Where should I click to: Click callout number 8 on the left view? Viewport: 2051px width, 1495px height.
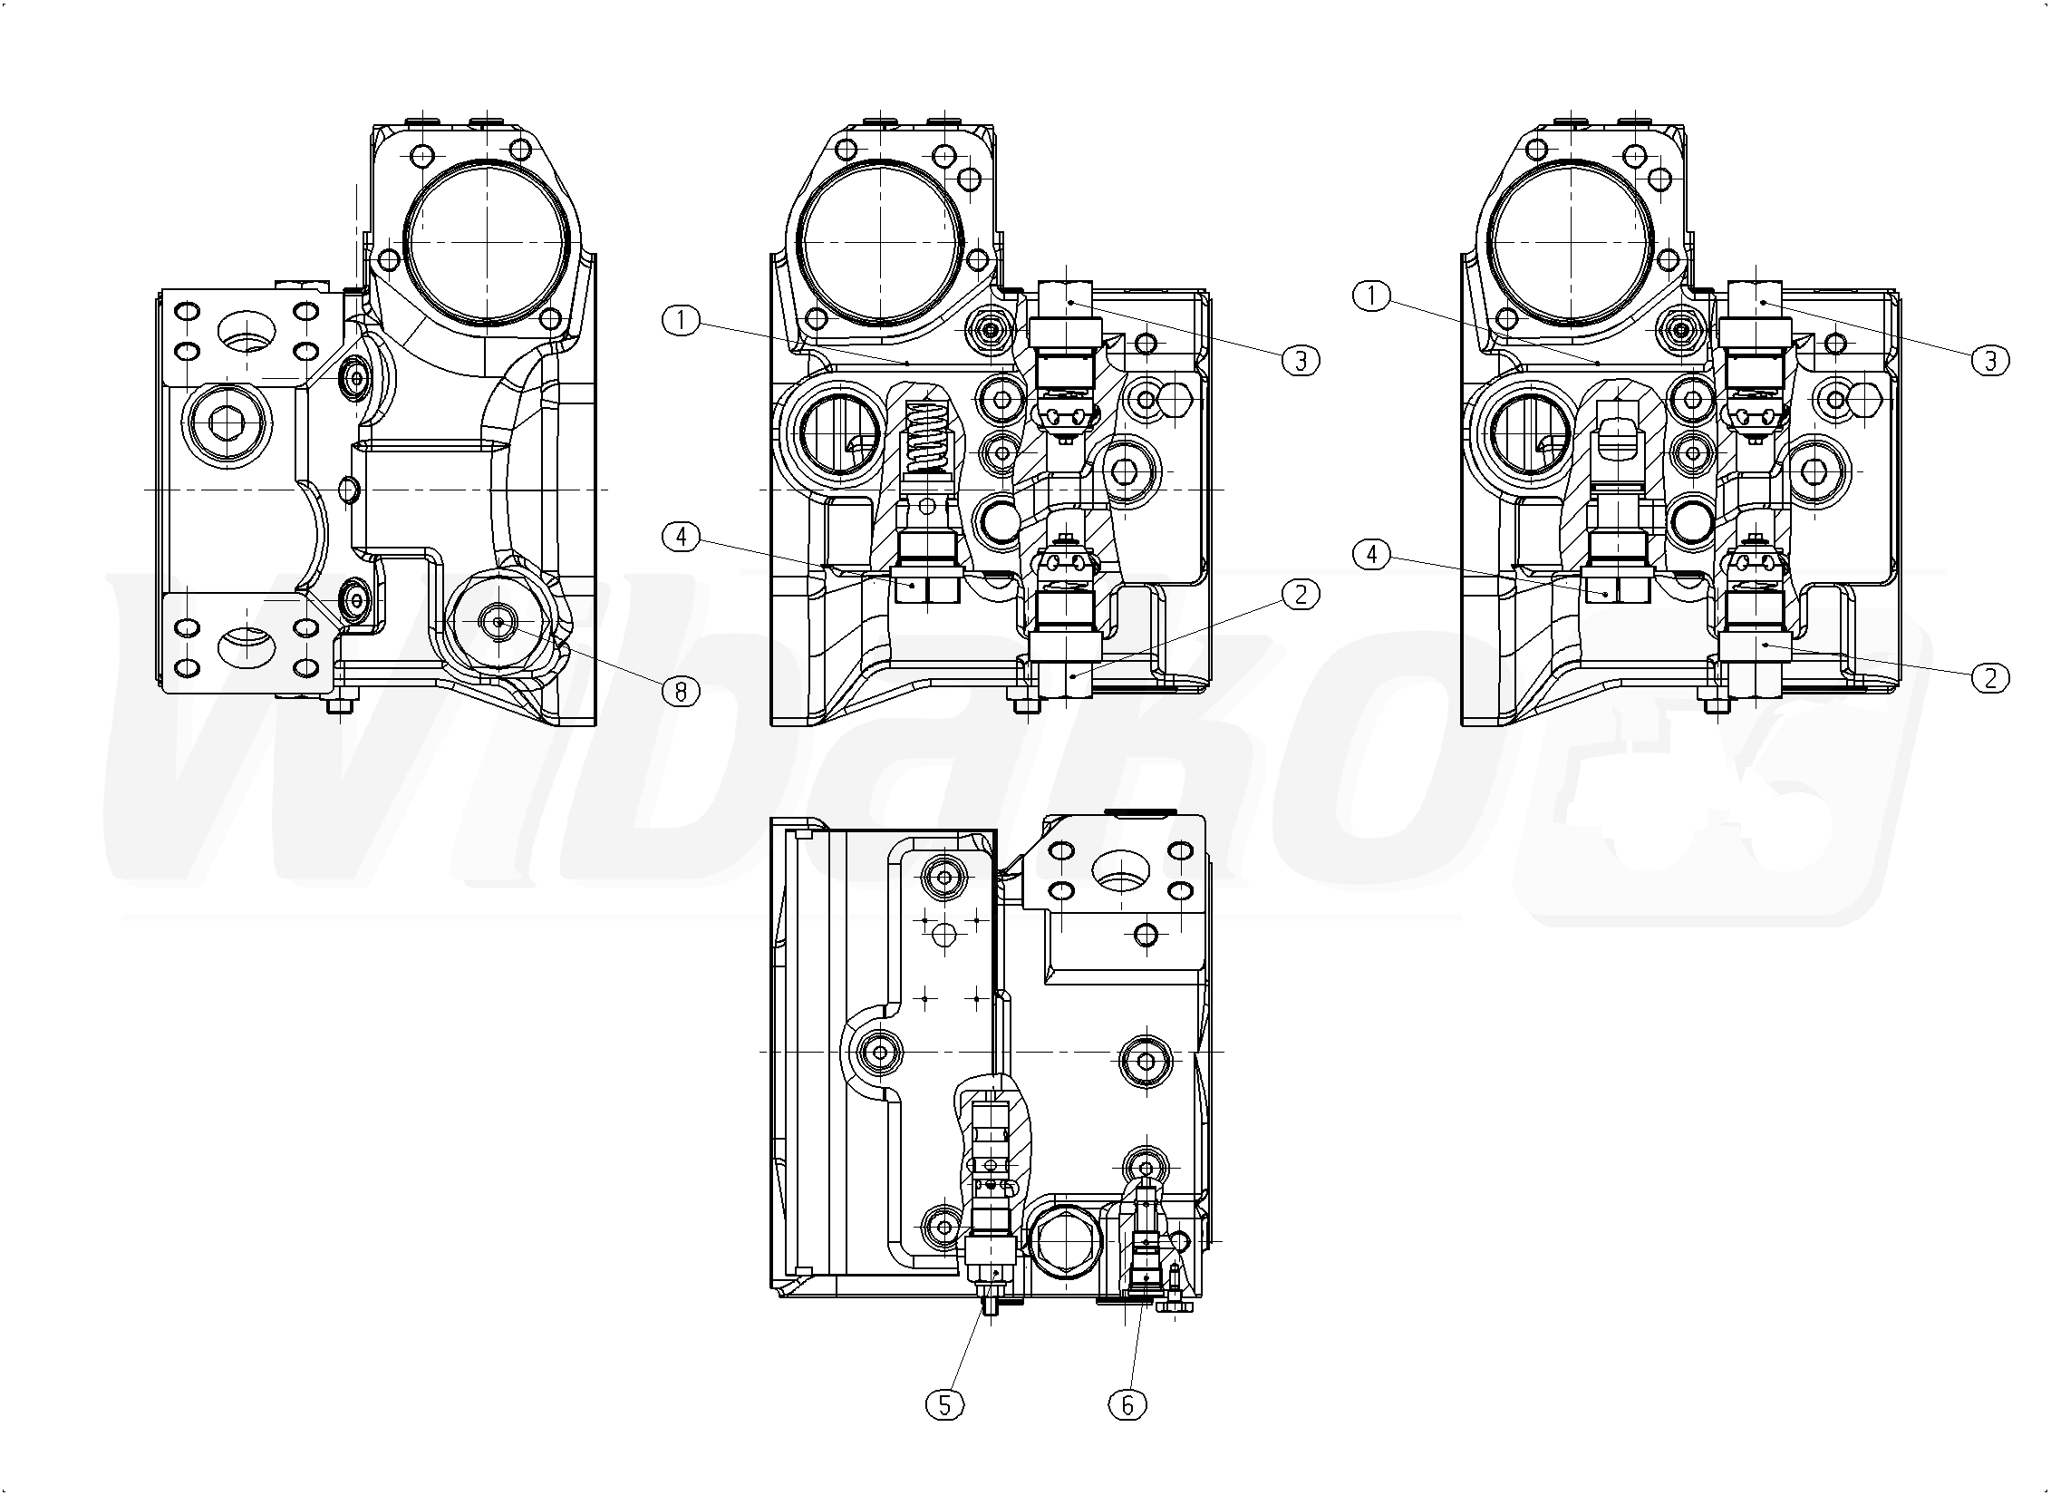(681, 692)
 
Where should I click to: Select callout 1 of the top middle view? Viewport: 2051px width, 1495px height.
(681, 320)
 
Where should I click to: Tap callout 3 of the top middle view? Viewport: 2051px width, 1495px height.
(1301, 361)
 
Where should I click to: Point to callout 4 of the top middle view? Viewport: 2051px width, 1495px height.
(681, 537)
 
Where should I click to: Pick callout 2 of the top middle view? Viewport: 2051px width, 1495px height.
(1301, 595)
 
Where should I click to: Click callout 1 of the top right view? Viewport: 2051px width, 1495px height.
(1371, 296)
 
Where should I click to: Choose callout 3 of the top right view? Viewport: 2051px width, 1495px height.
(1990, 361)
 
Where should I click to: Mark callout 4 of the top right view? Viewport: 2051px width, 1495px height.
(1371, 554)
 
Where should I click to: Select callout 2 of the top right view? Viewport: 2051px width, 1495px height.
(1990, 677)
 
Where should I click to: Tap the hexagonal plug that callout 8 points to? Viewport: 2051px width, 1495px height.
(498, 623)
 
